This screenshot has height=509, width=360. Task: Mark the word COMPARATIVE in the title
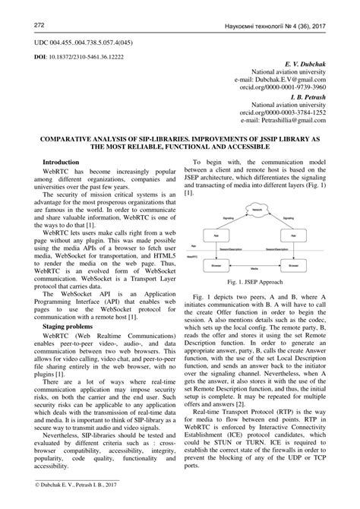pyautogui.click(x=67, y=141)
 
